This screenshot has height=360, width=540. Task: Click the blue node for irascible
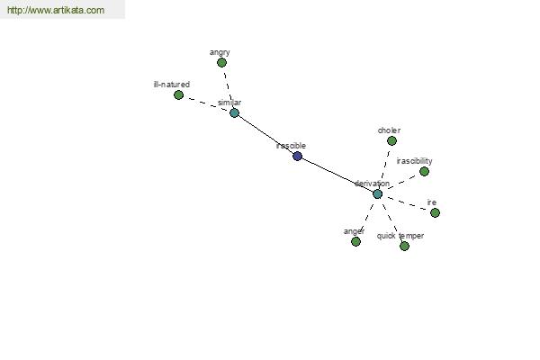pyautogui.click(x=298, y=156)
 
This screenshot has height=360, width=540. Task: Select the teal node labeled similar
pyautogui.click(x=234, y=112)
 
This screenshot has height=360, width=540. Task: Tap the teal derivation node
pyautogui.click(x=377, y=194)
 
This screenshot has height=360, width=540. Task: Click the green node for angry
pyautogui.click(x=221, y=62)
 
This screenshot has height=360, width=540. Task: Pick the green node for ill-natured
pyautogui.click(x=178, y=94)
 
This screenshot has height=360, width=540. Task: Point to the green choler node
pyautogui.click(x=391, y=140)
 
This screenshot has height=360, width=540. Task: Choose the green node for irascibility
pyautogui.click(x=424, y=171)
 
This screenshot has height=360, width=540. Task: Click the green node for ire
pyautogui.click(x=435, y=212)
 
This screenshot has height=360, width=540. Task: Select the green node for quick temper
pyautogui.click(x=404, y=246)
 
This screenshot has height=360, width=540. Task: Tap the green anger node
pyautogui.click(x=355, y=241)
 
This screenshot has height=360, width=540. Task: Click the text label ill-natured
pyautogui.click(x=172, y=85)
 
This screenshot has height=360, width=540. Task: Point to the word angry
pyautogui.click(x=220, y=52)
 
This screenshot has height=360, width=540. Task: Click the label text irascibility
pyautogui.click(x=414, y=161)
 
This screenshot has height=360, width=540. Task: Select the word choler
pyautogui.click(x=389, y=130)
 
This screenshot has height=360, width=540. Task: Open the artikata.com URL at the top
pyautogui.click(x=56, y=10)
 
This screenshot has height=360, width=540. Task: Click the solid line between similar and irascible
pyautogui.click(x=265, y=134)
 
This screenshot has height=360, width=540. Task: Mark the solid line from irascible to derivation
pyautogui.click(x=337, y=175)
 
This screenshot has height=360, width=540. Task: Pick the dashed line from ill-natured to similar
pyautogui.click(x=206, y=103)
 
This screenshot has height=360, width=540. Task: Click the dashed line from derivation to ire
pyautogui.click(x=407, y=203)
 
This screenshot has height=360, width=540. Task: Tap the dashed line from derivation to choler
pyautogui.click(x=384, y=167)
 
